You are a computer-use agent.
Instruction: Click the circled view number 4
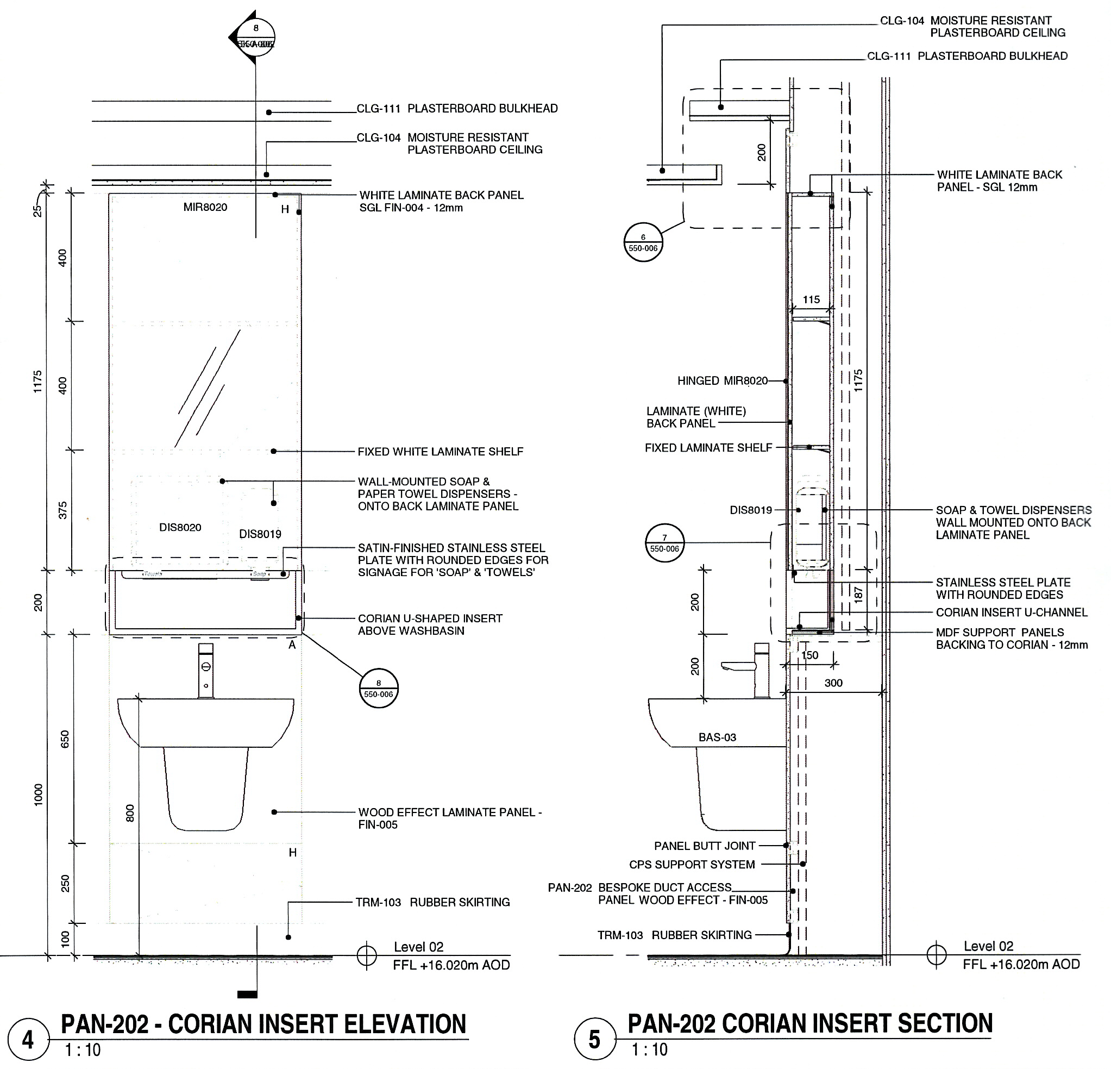point(28,1040)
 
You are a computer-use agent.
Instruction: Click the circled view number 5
point(594,1039)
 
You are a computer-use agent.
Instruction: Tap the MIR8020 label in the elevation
point(205,208)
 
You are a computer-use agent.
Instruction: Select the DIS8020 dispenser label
point(180,527)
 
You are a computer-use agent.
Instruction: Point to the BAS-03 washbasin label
point(717,737)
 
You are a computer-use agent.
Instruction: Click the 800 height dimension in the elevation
point(130,812)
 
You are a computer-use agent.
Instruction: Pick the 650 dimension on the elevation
point(65,739)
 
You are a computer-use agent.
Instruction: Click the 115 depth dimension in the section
point(811,299)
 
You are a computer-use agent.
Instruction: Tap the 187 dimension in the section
point(858,594)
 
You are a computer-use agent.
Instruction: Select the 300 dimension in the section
point(833,683)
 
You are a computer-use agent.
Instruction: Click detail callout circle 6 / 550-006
point(643,243)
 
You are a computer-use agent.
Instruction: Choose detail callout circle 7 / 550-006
point(664,543)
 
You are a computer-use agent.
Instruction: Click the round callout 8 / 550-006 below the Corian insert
point(379,689)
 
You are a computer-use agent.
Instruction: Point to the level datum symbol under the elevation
point(367,955)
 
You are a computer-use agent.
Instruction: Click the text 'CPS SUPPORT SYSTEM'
point(692,865)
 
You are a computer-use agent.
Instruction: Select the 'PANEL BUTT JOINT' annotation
point(705,846)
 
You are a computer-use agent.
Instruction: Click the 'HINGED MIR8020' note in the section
point(722,381)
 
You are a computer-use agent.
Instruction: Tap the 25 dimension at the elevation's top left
point(37,210)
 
